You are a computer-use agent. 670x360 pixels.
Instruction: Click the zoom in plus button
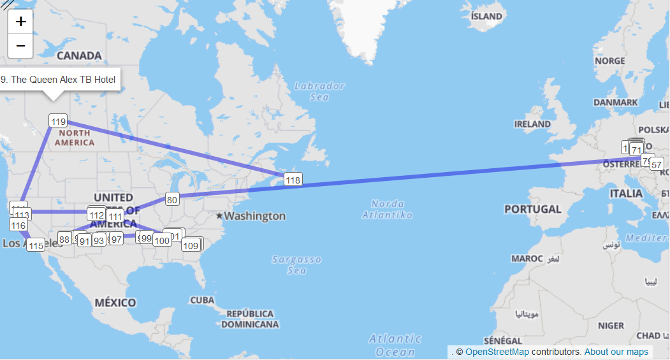(x=20, y=22)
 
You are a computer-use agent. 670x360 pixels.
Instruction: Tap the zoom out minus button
(x=20, y=46)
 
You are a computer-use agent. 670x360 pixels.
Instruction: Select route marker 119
(x=58, y=121)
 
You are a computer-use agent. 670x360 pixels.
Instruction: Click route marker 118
(x=293, y=180)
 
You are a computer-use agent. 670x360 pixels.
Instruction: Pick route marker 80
(x=172, y=199)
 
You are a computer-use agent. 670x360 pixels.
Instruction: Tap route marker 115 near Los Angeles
(x=36, y=245)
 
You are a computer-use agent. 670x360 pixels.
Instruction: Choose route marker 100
(x=162, y=240)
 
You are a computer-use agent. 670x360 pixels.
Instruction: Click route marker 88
(x=64, y=239)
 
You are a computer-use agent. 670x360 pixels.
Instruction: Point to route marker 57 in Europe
(x=657, y=164)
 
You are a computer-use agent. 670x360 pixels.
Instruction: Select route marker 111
(x=115, y=217)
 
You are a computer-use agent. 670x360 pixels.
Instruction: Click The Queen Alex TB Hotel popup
(x=59, y=80)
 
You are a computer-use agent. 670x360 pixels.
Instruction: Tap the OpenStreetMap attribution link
(x=497, y=352)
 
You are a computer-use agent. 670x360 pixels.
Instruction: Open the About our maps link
(x=616, y=352)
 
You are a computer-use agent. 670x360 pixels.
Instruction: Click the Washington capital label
(x=254, y=216)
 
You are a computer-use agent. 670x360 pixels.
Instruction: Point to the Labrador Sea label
(x=319, y=91)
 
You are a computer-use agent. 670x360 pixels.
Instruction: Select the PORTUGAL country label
(x=533, y=209)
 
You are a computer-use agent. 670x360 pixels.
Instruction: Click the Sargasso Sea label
(x=297, y=264)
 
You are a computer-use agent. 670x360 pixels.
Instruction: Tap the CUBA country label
(x=201, y=299)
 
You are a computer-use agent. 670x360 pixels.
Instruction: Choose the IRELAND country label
(x=532, y=124)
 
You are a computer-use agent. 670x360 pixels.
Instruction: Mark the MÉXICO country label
(x=115, y=302)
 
